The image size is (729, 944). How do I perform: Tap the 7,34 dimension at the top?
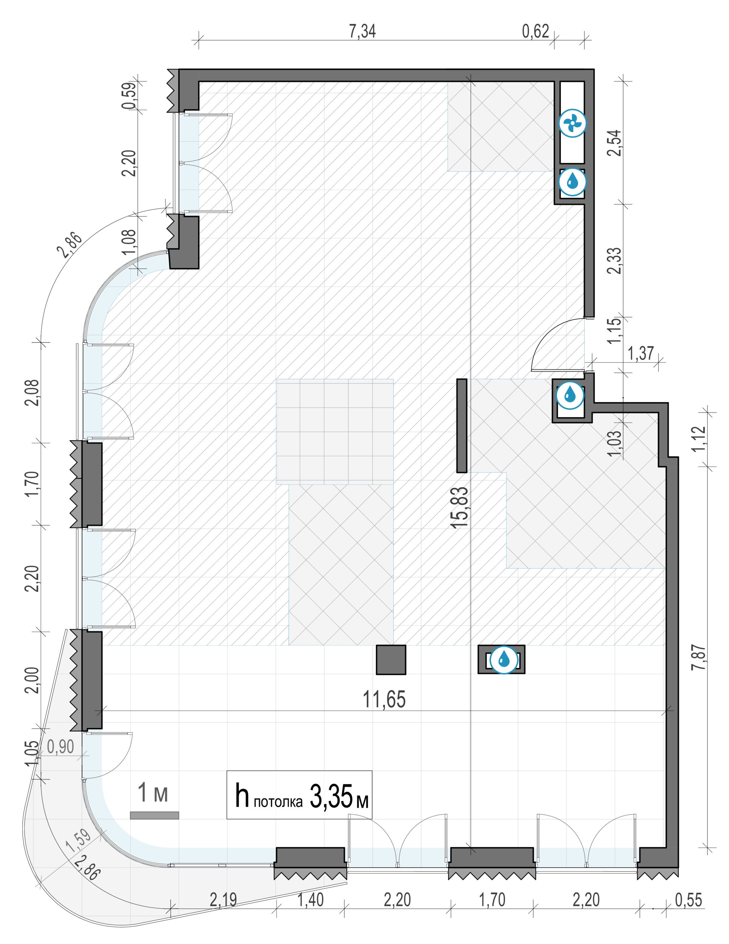(362, 32)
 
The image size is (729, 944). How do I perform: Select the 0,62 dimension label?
(535, 32)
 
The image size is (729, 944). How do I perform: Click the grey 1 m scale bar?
(154, 815)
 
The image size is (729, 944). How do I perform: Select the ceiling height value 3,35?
(331, 796)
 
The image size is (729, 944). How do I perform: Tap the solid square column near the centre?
(391, 660)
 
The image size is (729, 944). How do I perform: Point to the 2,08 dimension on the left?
(32, 392)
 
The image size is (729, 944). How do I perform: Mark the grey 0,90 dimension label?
(60, 747)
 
